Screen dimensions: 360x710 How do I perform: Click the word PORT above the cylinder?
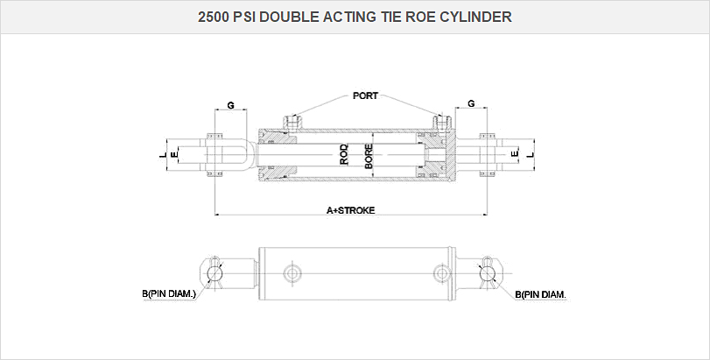point(365,95)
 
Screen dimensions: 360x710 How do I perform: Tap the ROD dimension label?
point(344,155)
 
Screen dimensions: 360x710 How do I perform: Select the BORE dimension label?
point(369,155)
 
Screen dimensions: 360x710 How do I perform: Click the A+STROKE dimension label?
point(350,211)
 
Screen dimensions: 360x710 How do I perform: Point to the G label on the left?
point(230,104)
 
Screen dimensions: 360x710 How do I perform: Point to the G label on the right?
point(472,103)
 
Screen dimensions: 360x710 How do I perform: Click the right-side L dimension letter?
point(529,155)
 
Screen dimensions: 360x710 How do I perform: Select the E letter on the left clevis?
point(174,155)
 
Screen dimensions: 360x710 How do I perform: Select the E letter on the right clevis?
point(516,155)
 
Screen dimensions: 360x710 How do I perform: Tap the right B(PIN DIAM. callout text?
point(540,295)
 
